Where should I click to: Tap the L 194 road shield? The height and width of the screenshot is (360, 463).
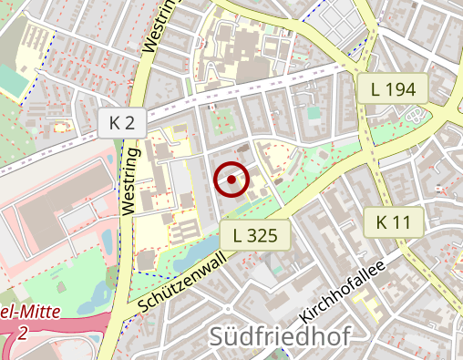pyautogui.click(x=394, y=88)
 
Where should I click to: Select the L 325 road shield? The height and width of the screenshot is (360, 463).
pyautogui.click(x=255, y=236)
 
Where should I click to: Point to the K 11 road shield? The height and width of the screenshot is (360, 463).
pyautogui.click(x=394, y=221)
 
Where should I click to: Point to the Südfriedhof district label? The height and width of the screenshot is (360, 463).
pyautogui.click(x=280, y=336)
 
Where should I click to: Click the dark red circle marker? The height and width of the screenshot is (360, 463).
pyautogui.click(x=231, y=180)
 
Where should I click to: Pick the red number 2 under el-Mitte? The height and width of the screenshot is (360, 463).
pyautogui.click(x=20, y=334)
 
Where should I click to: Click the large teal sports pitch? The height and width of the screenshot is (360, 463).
pyautogui.click(x=13, y=81)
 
